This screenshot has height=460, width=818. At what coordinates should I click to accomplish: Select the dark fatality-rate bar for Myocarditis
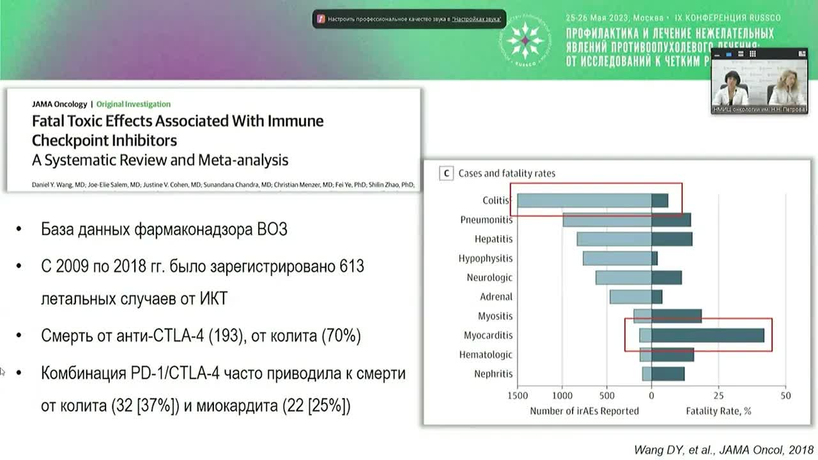[707, 335]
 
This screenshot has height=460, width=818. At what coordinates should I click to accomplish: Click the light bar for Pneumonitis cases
[606, 220]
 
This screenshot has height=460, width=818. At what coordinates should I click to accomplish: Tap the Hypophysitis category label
[485, 259]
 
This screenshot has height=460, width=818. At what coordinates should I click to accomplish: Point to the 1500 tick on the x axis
[518, 395]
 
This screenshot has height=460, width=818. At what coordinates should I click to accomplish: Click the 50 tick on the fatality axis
[785, 395]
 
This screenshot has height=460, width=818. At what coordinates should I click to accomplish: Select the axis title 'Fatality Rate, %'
[718, 411]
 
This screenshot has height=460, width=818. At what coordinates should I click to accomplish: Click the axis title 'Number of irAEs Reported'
[584, 411]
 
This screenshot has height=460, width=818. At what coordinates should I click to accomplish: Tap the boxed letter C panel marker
[447, 173]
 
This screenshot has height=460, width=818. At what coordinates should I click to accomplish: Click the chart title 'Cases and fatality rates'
[507, 173]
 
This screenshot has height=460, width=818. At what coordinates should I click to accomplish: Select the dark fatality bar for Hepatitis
[672, 239]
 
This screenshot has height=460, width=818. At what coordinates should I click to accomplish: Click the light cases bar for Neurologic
[623, 278]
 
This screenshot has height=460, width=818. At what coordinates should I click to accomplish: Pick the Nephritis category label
[493, 374]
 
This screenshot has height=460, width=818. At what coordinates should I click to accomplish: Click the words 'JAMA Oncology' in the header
[59, 104]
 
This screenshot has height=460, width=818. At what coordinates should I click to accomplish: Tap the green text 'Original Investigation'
[134, 104]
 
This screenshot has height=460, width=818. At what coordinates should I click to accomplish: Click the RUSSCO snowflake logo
[525, 40]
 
